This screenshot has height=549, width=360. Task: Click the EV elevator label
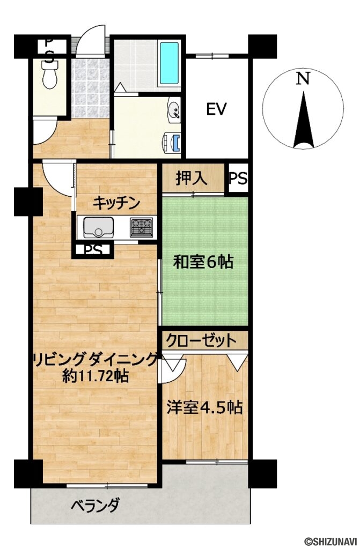pyautogui.click(x=216, y=109)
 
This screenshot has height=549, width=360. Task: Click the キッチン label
pyautogui.click(x=116, y=203)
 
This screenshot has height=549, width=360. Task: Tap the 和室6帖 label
pyautogui.click(x=202, y=262)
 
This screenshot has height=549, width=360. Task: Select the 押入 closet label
pyautogui.click(x=192, y=179)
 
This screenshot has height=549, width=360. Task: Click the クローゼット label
pyautogui.click(x=201, y=340)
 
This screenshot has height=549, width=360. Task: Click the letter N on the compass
pyautogui.click(x=303, y=79)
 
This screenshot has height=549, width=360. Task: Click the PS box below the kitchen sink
pyautogui.click(x=92, y=250)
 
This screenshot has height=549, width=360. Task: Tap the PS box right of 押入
pyautogui.click(x=238, y=179)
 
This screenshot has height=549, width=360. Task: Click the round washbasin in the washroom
pyautogui.click(x=174, y=110)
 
